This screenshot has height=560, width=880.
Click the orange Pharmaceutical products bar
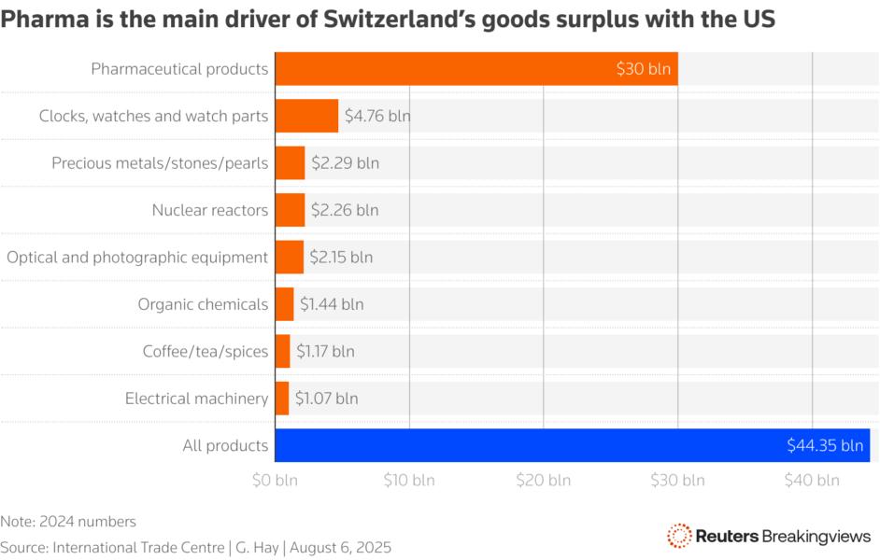click(476, 69)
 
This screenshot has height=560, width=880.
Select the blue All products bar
click(572, 445)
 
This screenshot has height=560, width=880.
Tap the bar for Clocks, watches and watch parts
click(306, 116)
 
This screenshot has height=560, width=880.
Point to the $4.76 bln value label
click(377, 117)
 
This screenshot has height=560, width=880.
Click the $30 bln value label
click(644, 69)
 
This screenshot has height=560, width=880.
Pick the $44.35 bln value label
click(825, 445)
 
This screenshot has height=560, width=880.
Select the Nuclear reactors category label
click(210, 210)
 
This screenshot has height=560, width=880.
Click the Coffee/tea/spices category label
click(206, 351)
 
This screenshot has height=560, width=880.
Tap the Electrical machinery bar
click(282, 399)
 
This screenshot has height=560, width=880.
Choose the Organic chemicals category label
click(203, 304)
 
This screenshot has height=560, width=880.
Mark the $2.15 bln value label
click(341, 257)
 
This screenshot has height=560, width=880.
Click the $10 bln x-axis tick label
click(409, 481)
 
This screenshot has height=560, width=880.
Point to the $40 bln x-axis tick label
click(813, 481)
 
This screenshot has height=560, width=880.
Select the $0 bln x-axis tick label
click(275, 481)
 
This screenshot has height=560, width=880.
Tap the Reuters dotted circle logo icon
click(679, 536)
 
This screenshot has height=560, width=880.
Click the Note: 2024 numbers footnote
click(69, 522)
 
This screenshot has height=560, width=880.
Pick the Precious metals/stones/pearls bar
click(290, 162)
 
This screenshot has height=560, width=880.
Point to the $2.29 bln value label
click(346, 163)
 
